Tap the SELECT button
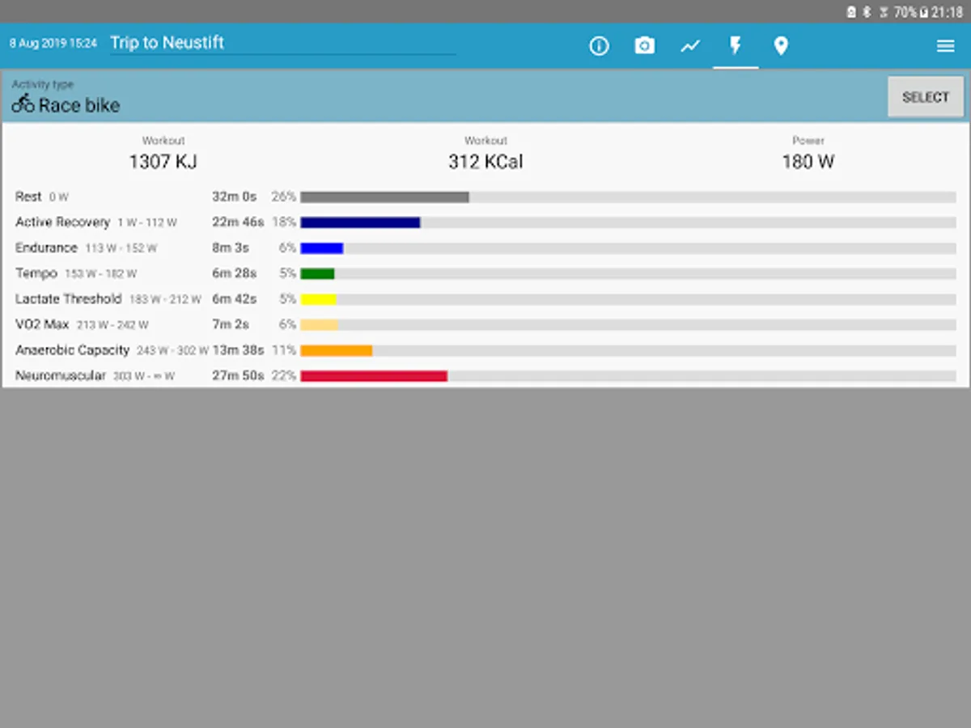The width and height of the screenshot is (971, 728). [925, 97]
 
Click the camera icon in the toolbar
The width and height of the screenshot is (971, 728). [644, 46]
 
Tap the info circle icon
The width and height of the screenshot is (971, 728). [599, 46]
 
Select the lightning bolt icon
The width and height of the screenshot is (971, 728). [736, 45]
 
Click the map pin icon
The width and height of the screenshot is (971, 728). [781, 46]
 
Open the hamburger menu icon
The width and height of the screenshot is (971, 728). [945, 46]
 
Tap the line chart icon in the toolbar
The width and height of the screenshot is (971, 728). [690, 46]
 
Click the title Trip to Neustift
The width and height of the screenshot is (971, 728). [167, 43]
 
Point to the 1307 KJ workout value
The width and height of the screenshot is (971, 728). [163, 162]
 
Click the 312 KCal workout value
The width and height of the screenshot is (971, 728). [485, 162]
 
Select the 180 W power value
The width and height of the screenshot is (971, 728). [808, 162]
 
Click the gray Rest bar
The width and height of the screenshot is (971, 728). [384, 197]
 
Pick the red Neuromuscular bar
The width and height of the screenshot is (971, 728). [374, 376]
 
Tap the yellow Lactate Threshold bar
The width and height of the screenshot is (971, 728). [318, 299]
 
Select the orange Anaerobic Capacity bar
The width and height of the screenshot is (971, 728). [336, 350]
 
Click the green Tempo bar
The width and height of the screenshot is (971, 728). [317, 273]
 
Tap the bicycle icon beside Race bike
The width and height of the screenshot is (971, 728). [23, 104]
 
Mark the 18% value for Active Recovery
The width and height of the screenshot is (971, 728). [284, 222]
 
